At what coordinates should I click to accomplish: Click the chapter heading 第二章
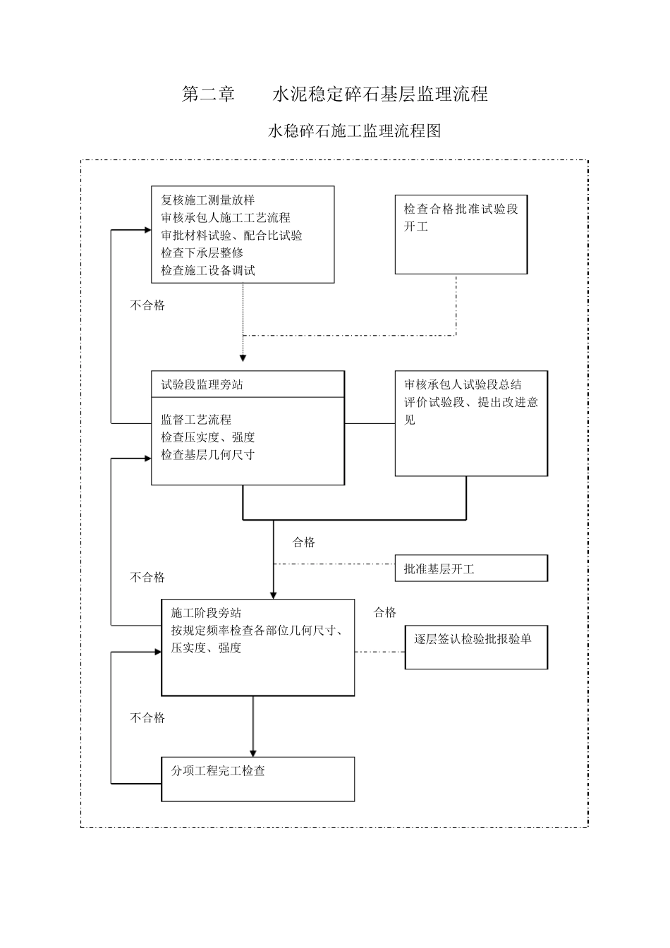tap(209, 94)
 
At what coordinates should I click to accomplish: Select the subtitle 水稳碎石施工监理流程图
tap(354, 130)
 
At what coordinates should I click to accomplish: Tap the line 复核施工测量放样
tap(207, 200)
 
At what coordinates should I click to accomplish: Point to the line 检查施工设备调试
tap(207, 270)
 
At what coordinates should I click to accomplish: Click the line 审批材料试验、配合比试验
tap(231, 235)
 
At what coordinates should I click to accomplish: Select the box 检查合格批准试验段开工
tap(461, 233)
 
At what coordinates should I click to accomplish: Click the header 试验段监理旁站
tap(202, 385)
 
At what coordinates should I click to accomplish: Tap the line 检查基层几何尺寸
tap(207, 455)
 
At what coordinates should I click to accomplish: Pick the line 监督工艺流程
tap(196, 420)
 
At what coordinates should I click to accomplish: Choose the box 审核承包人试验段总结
tap(471, 423)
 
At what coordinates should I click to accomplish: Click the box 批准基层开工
tap(471, 568)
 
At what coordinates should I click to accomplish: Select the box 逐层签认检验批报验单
tap(476, 647)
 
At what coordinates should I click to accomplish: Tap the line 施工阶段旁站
tap(206, 613)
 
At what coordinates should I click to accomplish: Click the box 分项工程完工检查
tap(258, 779)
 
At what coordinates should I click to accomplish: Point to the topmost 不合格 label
tap(147, 305)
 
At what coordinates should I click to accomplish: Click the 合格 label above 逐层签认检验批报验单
tap(385, 612)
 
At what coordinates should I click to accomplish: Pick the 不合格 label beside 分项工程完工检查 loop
tap(147, 717)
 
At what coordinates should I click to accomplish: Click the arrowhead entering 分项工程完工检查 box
tap(253, 752)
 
